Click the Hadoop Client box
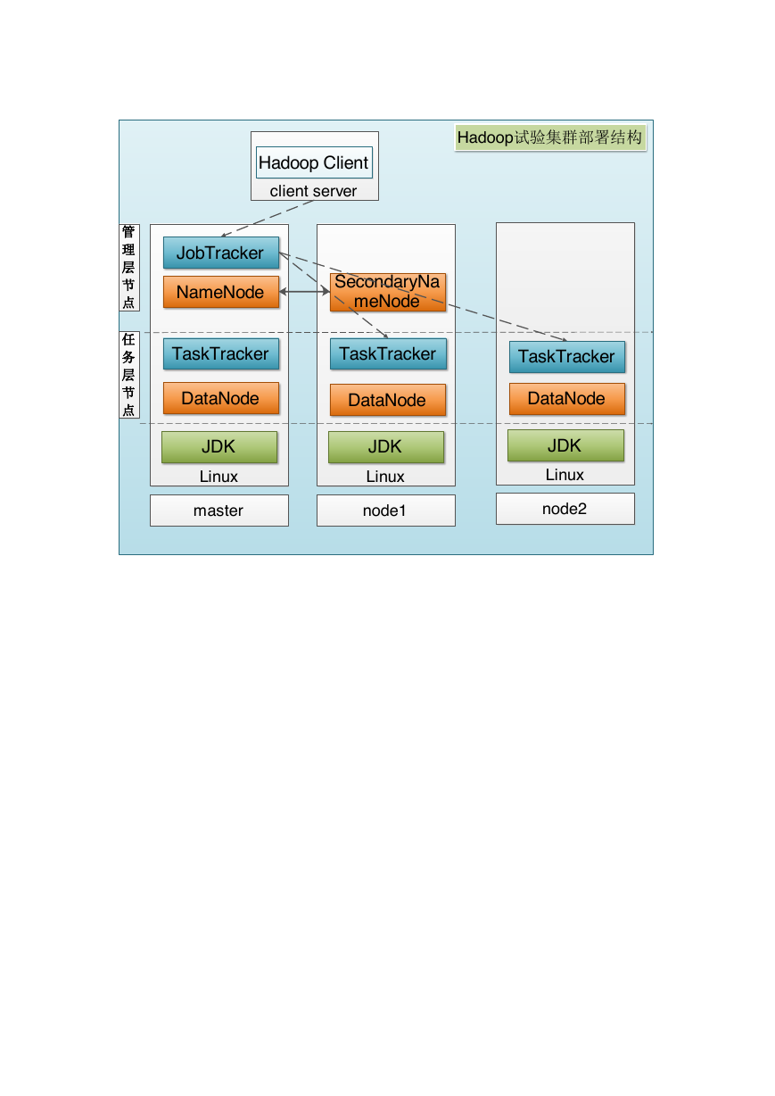(x=314, y=162)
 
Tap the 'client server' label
(x=313, y=191)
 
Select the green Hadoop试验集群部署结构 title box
(x=550, y=137)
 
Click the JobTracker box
(x=221, y=253)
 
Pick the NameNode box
(x=221, y=292)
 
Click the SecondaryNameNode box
(x=388, y=292)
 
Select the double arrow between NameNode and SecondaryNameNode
(x=305, y=292)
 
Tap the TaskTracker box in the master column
(x=221, y=353)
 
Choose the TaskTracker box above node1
(x=388, y=353)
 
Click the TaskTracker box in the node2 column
(x=567, y=357)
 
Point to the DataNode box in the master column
(x=221, y=398)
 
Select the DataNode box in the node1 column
(x=388, y=400)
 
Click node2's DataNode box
(x=567, y=399)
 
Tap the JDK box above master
(x=219, y=447)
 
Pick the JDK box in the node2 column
(x=565, y=445)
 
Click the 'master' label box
(x=219, y=511)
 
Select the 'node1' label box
(x=386, y=511)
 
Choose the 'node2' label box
(x=565, y=509)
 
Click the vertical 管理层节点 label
(x=129, y=268)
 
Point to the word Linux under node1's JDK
(x=385, y=477)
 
